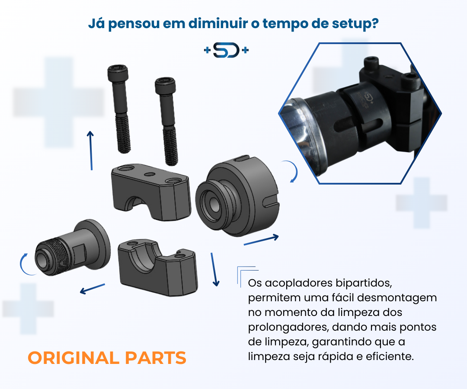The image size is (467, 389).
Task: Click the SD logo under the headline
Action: (226, 51)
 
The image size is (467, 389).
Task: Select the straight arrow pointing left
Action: (93, 289)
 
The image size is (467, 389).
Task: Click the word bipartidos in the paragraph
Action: (363, 284)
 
